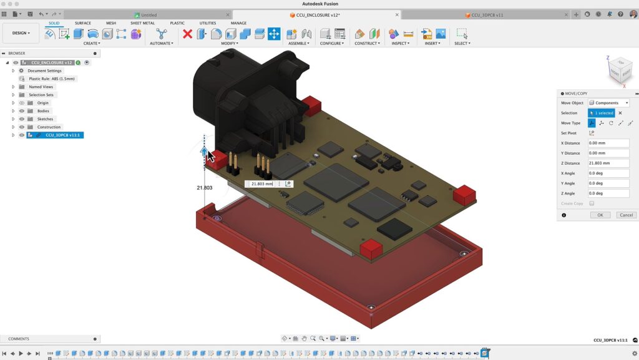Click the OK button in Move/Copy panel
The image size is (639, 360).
[x=600, y=215]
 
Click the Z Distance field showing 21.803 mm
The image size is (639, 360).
[x=608, y=163]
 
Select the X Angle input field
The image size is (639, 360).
[x=608, y=173]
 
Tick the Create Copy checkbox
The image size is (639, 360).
[x=592, y=203]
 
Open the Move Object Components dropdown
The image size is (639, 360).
[x=608, y=103]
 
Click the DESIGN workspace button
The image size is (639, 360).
[x=21, y=33]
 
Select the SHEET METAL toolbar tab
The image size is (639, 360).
[x=142, y=23]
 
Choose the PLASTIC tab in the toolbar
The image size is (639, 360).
[x=177, y=23]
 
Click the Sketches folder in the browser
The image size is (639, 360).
[x=45, y=119]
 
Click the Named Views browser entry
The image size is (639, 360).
[x=41, y=87]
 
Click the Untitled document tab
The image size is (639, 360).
[x=149, y=15]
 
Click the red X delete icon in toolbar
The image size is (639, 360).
[x=187, y=34]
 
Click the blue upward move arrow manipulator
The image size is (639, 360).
[x=203, y=152]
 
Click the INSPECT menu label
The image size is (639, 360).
[x=399, y=44]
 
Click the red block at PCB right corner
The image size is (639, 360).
[x=464, y=195]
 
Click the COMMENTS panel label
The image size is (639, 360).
[x=19, y=339]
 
